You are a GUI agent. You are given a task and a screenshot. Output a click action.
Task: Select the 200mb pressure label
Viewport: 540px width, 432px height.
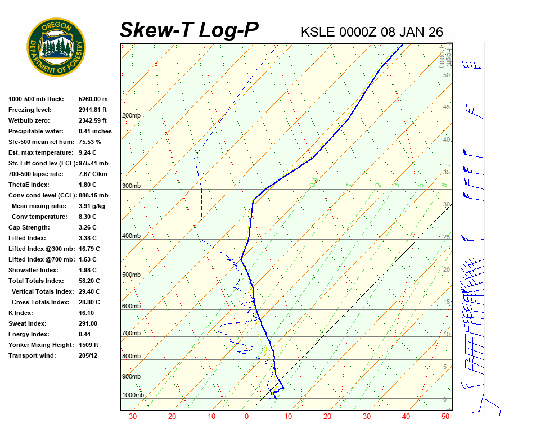pos(131,116)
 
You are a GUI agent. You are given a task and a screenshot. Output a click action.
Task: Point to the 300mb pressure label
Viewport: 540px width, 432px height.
pos(131,186)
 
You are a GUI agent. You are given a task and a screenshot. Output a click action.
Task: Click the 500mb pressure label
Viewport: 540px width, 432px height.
pos(131,275)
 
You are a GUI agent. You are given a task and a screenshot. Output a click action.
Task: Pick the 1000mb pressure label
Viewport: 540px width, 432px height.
pos(133,395)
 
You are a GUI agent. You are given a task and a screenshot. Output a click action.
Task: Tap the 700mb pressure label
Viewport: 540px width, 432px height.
pos(131,334)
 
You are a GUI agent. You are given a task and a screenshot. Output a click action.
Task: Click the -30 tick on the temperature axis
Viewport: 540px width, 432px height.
pos(132,417)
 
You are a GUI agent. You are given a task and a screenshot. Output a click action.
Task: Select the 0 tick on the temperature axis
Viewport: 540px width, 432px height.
pos(246,417)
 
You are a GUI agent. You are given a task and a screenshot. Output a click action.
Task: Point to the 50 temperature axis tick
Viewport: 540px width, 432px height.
pos(445,417)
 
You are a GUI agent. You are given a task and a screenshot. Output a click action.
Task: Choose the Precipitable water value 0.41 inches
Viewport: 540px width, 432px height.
pos(95,131)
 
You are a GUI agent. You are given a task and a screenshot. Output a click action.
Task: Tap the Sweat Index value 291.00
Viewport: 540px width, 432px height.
pos(88,323)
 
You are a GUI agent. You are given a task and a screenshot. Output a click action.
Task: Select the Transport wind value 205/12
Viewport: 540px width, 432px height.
pos(88,355)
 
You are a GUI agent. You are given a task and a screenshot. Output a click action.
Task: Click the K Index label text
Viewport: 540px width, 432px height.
pos(21,313)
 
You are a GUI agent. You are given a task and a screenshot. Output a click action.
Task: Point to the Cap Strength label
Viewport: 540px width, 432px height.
pos(29,227)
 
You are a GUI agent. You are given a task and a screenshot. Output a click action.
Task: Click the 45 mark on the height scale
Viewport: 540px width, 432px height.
pos(446,107)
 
